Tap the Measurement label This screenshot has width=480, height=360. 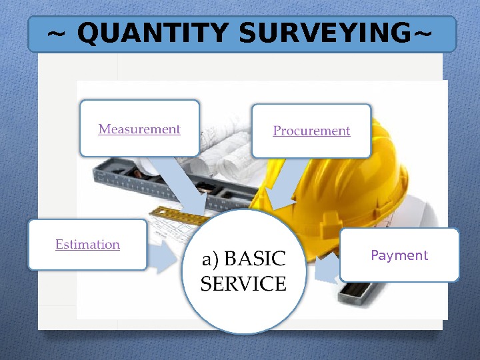tap(139, 129)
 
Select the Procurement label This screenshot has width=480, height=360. tap(311, 131)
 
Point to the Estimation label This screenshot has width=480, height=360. tap(87, 245)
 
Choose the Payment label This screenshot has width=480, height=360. tap(399, 255)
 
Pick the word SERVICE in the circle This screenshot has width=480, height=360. tap(243, 285)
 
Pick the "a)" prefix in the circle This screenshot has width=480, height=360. tap(211, 258)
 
